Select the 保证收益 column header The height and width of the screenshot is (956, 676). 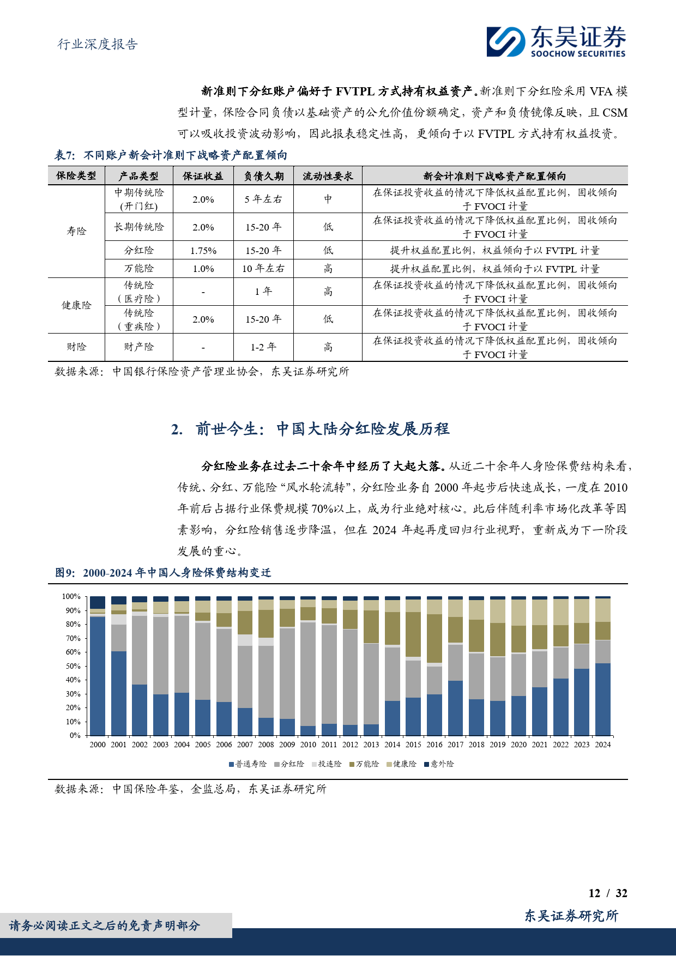coord(203,176)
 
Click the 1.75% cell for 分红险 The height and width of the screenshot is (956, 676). coord(203,251)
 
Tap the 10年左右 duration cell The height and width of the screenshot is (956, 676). coord(263,269)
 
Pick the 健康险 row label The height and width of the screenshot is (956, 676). coord(76,305)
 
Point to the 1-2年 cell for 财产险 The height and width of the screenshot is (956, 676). coord(263,347)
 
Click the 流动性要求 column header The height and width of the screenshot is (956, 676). coord(328,176)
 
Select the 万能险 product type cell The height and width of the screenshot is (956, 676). coord(139,269)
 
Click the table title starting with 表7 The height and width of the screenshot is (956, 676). coord(171,155)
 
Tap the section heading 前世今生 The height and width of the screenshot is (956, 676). coord(310,429)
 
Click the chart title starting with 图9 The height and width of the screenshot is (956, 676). coord(163,573)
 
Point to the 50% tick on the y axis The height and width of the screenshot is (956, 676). coord(71,666)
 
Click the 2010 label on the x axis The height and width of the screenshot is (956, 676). coord(308,745)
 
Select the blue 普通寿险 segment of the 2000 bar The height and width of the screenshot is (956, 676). coord(98,676)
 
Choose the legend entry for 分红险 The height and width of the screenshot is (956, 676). coord(289,764)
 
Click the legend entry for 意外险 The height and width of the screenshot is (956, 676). coord(439,764)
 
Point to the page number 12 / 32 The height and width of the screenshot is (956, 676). coord(608,893)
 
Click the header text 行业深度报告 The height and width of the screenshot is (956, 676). coord(98,44)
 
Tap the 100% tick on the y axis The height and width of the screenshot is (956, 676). coord(71,597)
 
